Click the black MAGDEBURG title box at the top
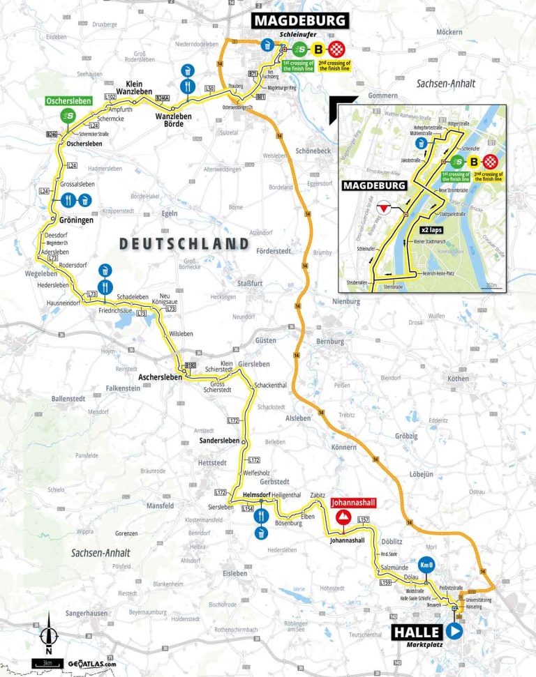300,20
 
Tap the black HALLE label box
417,632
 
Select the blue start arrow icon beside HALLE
454,632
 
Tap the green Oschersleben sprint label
70,100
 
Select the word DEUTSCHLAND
184,243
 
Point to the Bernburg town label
330,342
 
